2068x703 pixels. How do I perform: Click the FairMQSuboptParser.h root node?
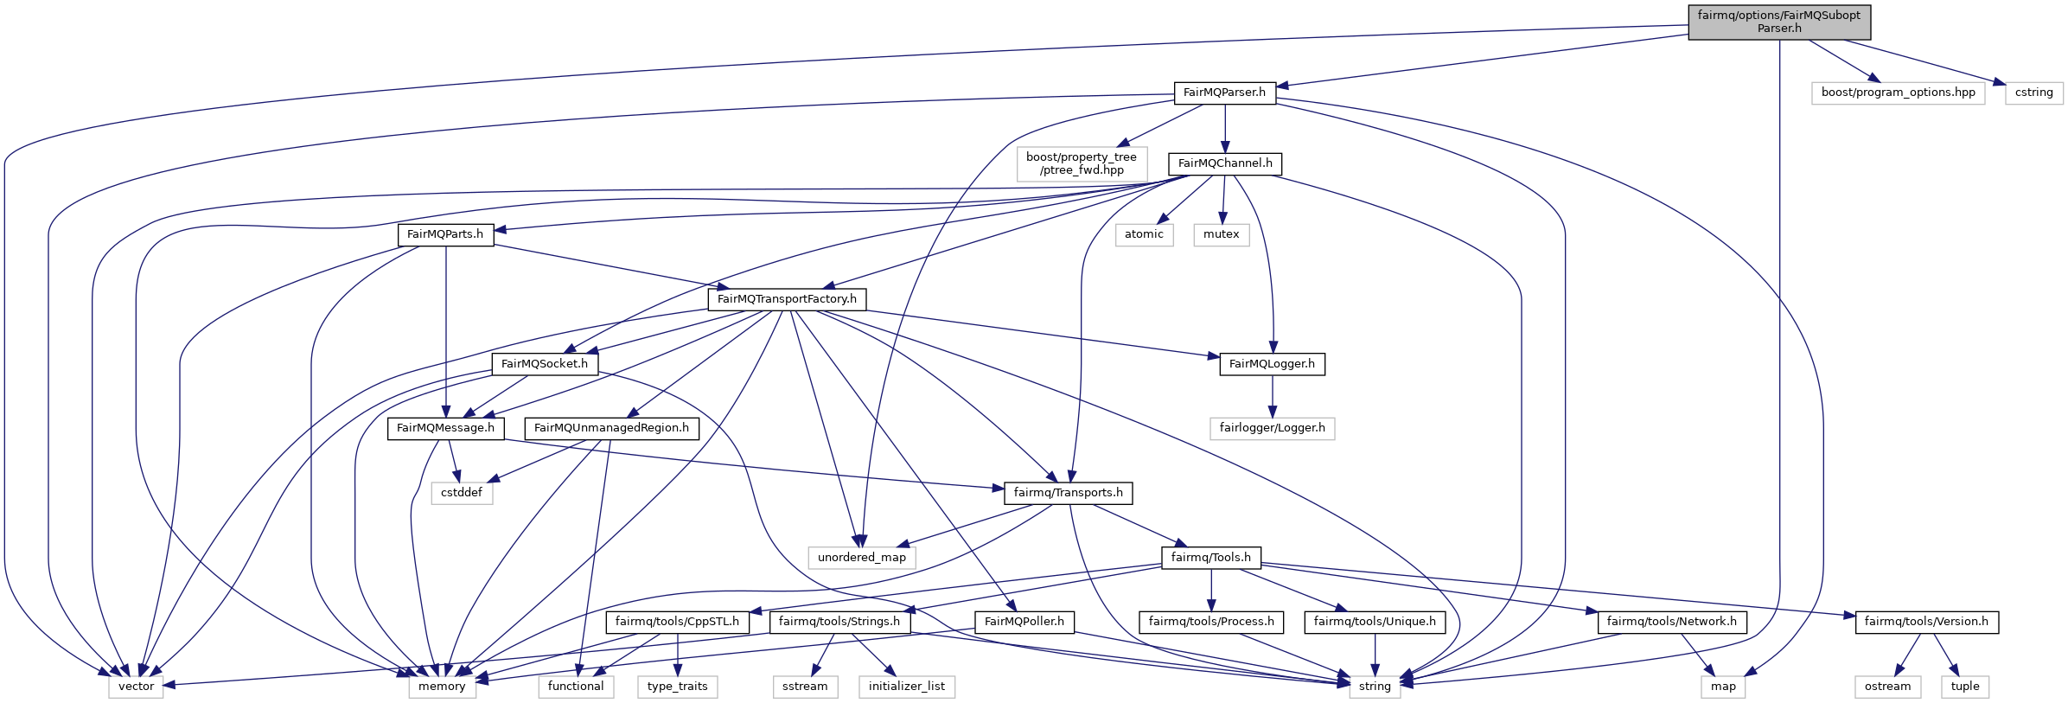[x=1778, y=22]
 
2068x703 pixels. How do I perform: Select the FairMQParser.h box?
[x=1224, y=93]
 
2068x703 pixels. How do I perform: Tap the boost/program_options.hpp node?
[x=1898, y=93]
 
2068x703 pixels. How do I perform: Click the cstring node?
[x=2033, y=93]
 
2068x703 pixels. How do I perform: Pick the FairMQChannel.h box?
[x=1224, y=163]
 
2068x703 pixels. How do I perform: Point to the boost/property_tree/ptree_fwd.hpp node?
[x=1081, y=163]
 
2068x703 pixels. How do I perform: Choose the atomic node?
[x=1144, y=234]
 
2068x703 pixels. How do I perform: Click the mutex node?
[x=1221, y=234]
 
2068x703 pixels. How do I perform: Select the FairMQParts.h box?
[x=445, y=234]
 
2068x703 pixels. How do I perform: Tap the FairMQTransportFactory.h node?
[x=787, y=299]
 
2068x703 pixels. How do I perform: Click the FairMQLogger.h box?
[x=1272, y=364]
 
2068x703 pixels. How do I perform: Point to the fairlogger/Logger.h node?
[x=1272, y=428]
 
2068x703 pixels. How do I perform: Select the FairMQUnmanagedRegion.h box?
[x=611, y=428]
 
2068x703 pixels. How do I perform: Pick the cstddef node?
[x=462, y=493]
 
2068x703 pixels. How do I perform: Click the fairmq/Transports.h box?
[x=1068, y=493]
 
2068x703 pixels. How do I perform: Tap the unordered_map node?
[x=861, y=558]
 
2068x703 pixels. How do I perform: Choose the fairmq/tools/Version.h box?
[x=1926, y=622]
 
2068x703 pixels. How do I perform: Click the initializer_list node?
[x=907, y=687]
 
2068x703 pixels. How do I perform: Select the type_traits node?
[x=677, y=687]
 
